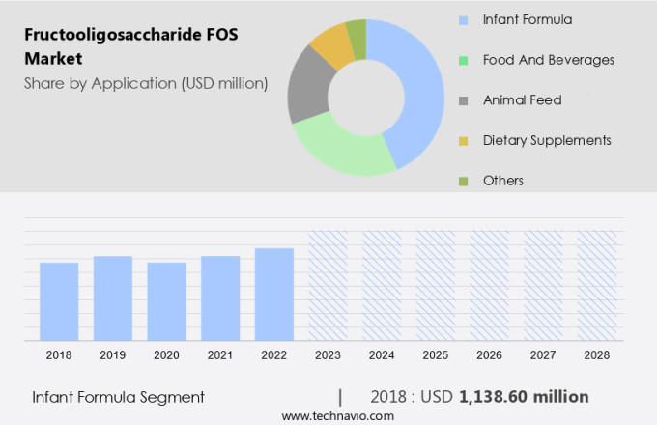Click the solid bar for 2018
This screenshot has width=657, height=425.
pyautogui.click(x=59, y=301)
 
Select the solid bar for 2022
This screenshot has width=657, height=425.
pyautogui.click(x=274, y=295)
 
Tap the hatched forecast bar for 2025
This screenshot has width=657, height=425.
pyautogui.click(x=436, y=285)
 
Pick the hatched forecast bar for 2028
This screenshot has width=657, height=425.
pyautogui.click(x=597, y=285)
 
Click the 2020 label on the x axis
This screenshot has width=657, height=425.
pyautogui.click(x=166, y=355)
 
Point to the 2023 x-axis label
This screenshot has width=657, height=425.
pyautogui.click(x=328, y=355)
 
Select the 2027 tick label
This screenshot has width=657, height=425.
pyautogui.click(x=543, y=355)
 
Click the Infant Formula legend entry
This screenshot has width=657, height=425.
pyautogui.click(x=527, y=19)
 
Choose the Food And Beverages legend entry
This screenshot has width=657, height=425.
pyautogui.click(x=548, y=60)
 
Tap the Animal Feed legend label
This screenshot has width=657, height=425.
pyautogui.click(x=522, y=99)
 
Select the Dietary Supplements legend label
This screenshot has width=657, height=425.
pyautogui.click(x=546, y=140)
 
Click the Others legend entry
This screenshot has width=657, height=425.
pyautogui.click(x=502, y=181)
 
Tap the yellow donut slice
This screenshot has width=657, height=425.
pyautogui.click(x=330, y=42)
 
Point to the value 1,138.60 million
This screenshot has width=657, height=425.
pyautogui.click(x=524, y=397)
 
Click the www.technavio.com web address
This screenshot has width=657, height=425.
pyautogui.click(x=337, y=416)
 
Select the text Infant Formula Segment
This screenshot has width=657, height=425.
pyautogui.click(x=118, y=397)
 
